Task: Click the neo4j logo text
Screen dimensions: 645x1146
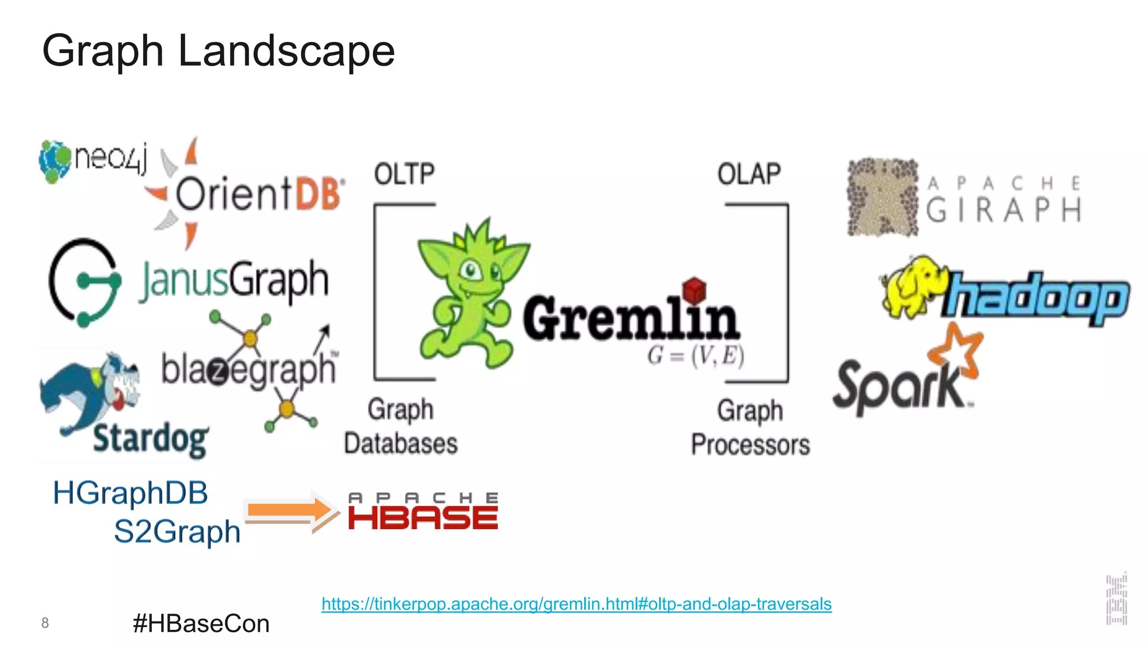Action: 111,158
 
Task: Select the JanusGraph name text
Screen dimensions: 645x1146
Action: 234,281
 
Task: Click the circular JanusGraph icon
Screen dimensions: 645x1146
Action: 84,282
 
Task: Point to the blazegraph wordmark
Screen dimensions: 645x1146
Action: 248,370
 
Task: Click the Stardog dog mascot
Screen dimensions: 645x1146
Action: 90,392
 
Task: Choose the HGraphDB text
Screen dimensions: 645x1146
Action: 130,493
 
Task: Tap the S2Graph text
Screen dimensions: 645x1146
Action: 177,531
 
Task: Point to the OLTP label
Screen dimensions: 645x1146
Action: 404,174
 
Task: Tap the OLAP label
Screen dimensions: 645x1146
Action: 749,174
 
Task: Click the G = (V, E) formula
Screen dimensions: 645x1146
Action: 696,356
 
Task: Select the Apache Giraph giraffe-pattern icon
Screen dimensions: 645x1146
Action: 882,197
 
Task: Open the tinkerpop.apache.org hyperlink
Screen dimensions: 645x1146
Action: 576,604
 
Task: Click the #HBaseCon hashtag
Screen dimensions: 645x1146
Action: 201,624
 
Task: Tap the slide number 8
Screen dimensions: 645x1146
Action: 45,623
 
